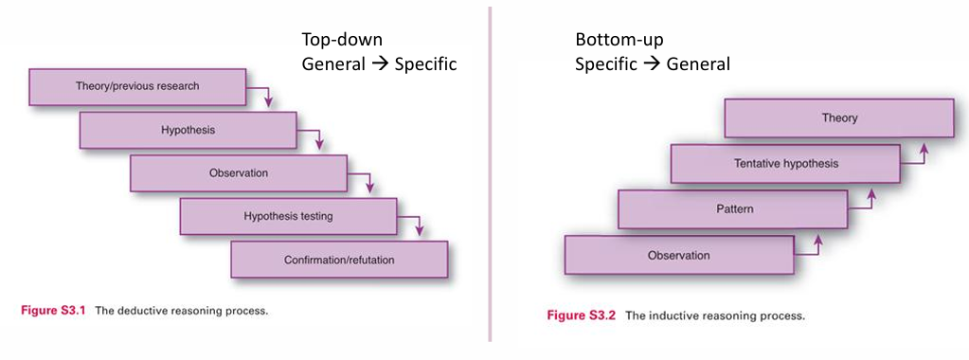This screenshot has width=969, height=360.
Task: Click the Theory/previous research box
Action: click(137, 87)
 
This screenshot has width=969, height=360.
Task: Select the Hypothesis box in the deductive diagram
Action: click(188, 130)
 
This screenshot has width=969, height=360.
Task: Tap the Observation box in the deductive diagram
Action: click(239, 173)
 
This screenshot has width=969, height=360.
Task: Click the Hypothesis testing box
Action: click(288, 216)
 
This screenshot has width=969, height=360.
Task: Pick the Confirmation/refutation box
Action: click(339, 259)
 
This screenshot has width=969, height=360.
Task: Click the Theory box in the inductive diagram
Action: click(839, 118)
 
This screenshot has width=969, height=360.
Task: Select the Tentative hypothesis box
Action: click(786, 163)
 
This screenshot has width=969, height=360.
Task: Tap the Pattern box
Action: click(731, 208)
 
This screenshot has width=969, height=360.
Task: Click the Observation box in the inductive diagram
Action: click(678, 255)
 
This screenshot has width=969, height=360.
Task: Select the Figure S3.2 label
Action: click(582, 315)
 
